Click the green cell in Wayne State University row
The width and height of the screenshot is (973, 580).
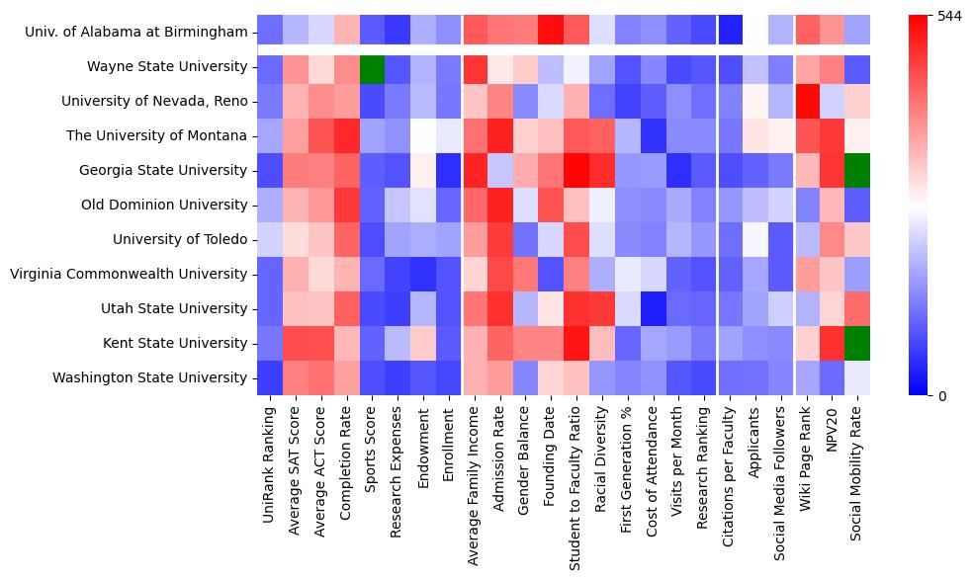tap(373, 67)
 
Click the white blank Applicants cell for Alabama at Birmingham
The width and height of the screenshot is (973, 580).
tap(755, 33)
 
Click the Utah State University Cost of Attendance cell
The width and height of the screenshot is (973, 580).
tap(653, 308)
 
